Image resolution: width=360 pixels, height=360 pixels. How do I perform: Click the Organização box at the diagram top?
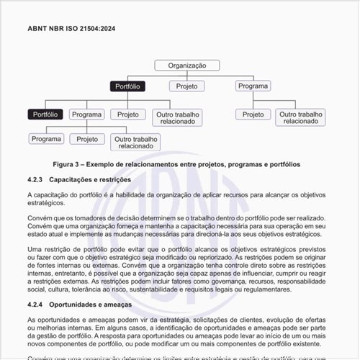point(186,65)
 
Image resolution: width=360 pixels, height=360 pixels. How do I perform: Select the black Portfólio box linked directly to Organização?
point(128,86)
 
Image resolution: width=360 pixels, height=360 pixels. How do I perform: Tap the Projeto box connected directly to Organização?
point(187,86)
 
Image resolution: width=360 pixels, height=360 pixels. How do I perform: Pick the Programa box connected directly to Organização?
point(253,86)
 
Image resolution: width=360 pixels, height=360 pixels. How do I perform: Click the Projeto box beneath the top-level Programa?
point(253,114)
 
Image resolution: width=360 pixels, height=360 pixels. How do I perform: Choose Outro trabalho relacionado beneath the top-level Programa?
point(300,117)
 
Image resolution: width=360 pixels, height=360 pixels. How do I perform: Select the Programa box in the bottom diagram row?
point(47,138)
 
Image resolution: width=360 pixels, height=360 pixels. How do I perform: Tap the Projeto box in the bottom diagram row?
point(87,138)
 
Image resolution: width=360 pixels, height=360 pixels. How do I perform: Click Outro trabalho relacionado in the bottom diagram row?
point(135,142)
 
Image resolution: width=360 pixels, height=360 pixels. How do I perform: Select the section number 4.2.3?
point(35,179)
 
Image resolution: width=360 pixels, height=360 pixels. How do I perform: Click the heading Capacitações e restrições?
point(90,179)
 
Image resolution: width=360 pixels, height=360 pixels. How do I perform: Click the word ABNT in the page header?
point(37,28)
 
